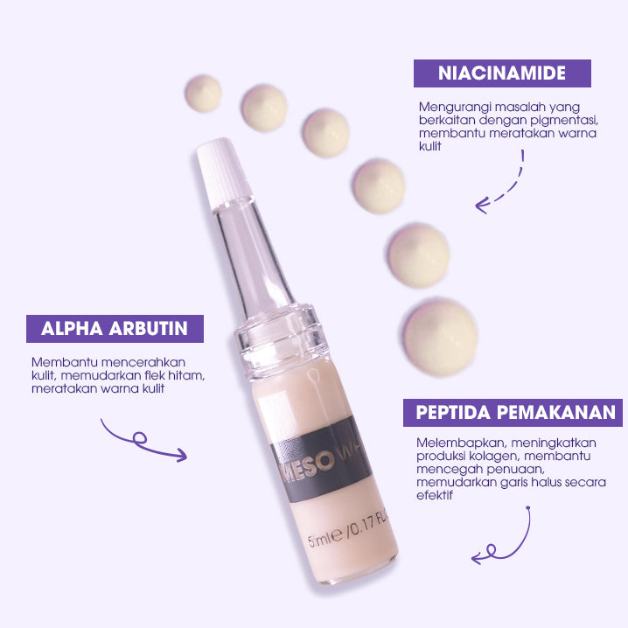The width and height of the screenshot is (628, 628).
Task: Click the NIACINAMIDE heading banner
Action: (502, 73)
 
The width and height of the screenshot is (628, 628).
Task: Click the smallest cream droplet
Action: (203, 93)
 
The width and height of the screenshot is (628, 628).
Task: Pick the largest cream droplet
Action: (443, 336)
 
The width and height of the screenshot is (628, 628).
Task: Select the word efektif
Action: (436, 495)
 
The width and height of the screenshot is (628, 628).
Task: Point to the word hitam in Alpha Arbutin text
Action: (189, 376)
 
